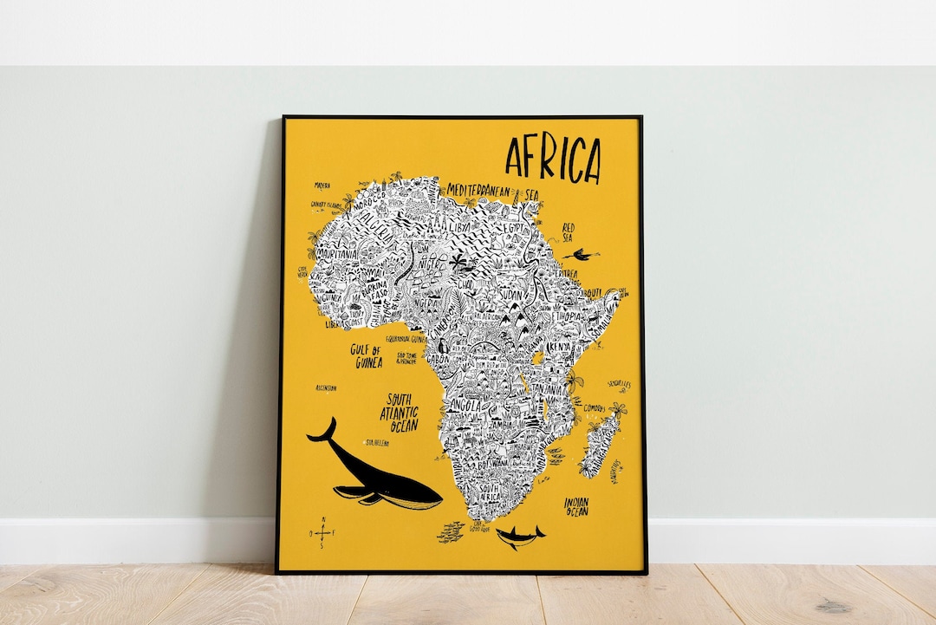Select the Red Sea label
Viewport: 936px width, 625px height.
[568, 232]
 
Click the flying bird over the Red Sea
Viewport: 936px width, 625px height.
[580, 255]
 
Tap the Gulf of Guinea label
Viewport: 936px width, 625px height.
[367, 356]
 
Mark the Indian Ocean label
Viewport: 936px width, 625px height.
[576, 506]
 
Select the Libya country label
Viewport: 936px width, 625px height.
[459, 226]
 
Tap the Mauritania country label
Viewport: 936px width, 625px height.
[336, 255]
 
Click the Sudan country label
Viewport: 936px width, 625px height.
[511, 295]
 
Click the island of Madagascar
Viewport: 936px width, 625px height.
[599, 444]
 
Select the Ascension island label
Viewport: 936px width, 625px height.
[327, 387]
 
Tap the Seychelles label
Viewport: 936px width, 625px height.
[619, 383]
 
